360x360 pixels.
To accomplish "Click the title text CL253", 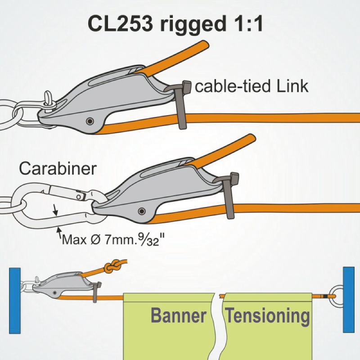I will tap(119, 23).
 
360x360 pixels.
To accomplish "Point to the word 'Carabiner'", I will tap(58, 169).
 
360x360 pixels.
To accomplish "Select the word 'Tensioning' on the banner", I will tap(268, 316).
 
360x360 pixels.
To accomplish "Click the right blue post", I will tap(349, 299).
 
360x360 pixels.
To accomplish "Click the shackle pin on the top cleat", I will tap(49, 100).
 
